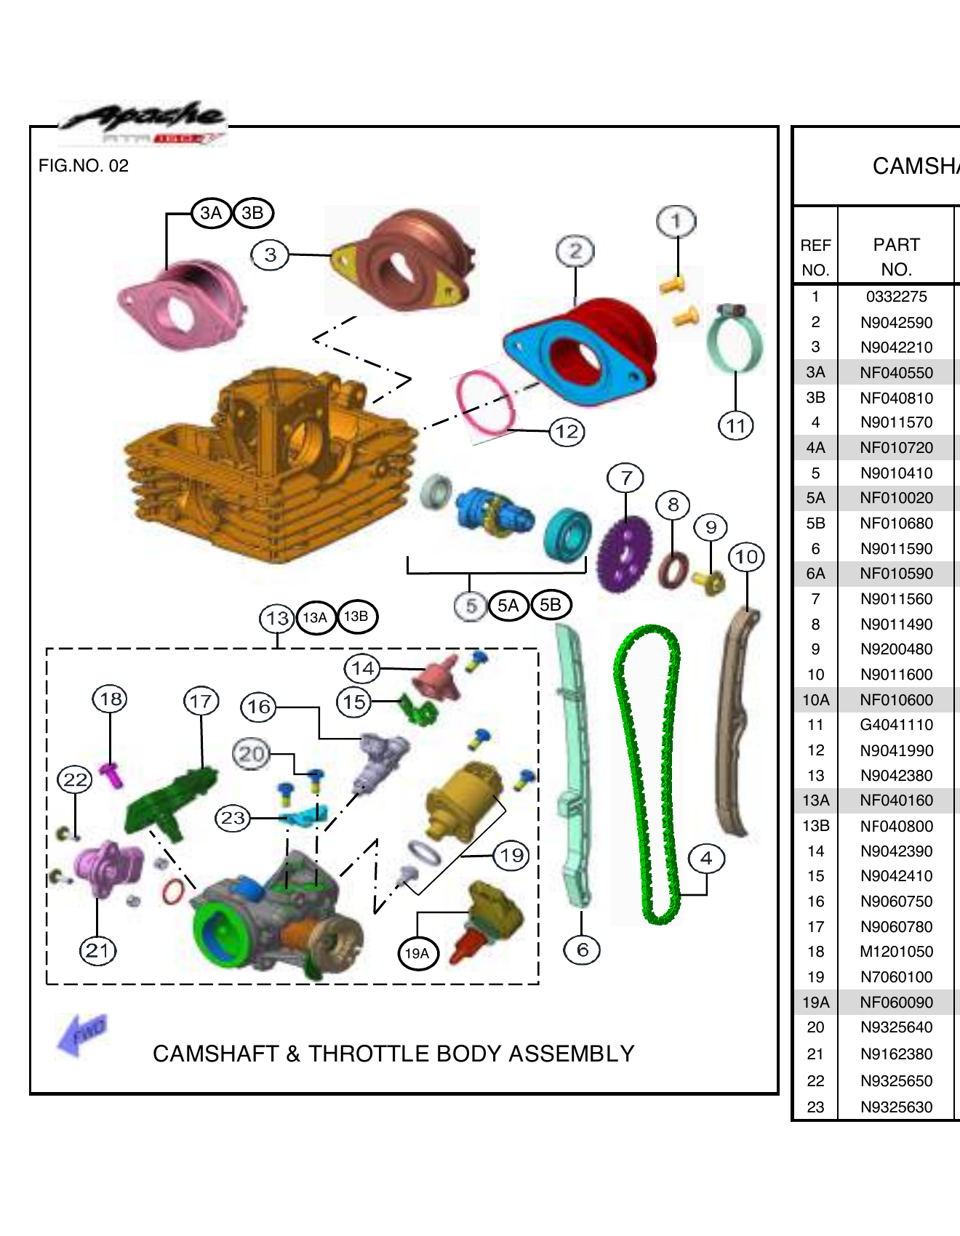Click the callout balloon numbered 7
[626, 478]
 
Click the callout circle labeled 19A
[417, 953]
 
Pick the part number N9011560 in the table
[896, 599]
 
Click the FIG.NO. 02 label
[84, 166]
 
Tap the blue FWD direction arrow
[81, 1034]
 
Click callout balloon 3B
[252, 213]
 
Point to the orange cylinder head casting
[269, 465]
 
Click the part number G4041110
[896, 725]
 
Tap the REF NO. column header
[815, 257]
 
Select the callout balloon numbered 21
[97, 950]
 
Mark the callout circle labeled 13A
[315, 617]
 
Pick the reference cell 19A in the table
[815, 1002]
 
